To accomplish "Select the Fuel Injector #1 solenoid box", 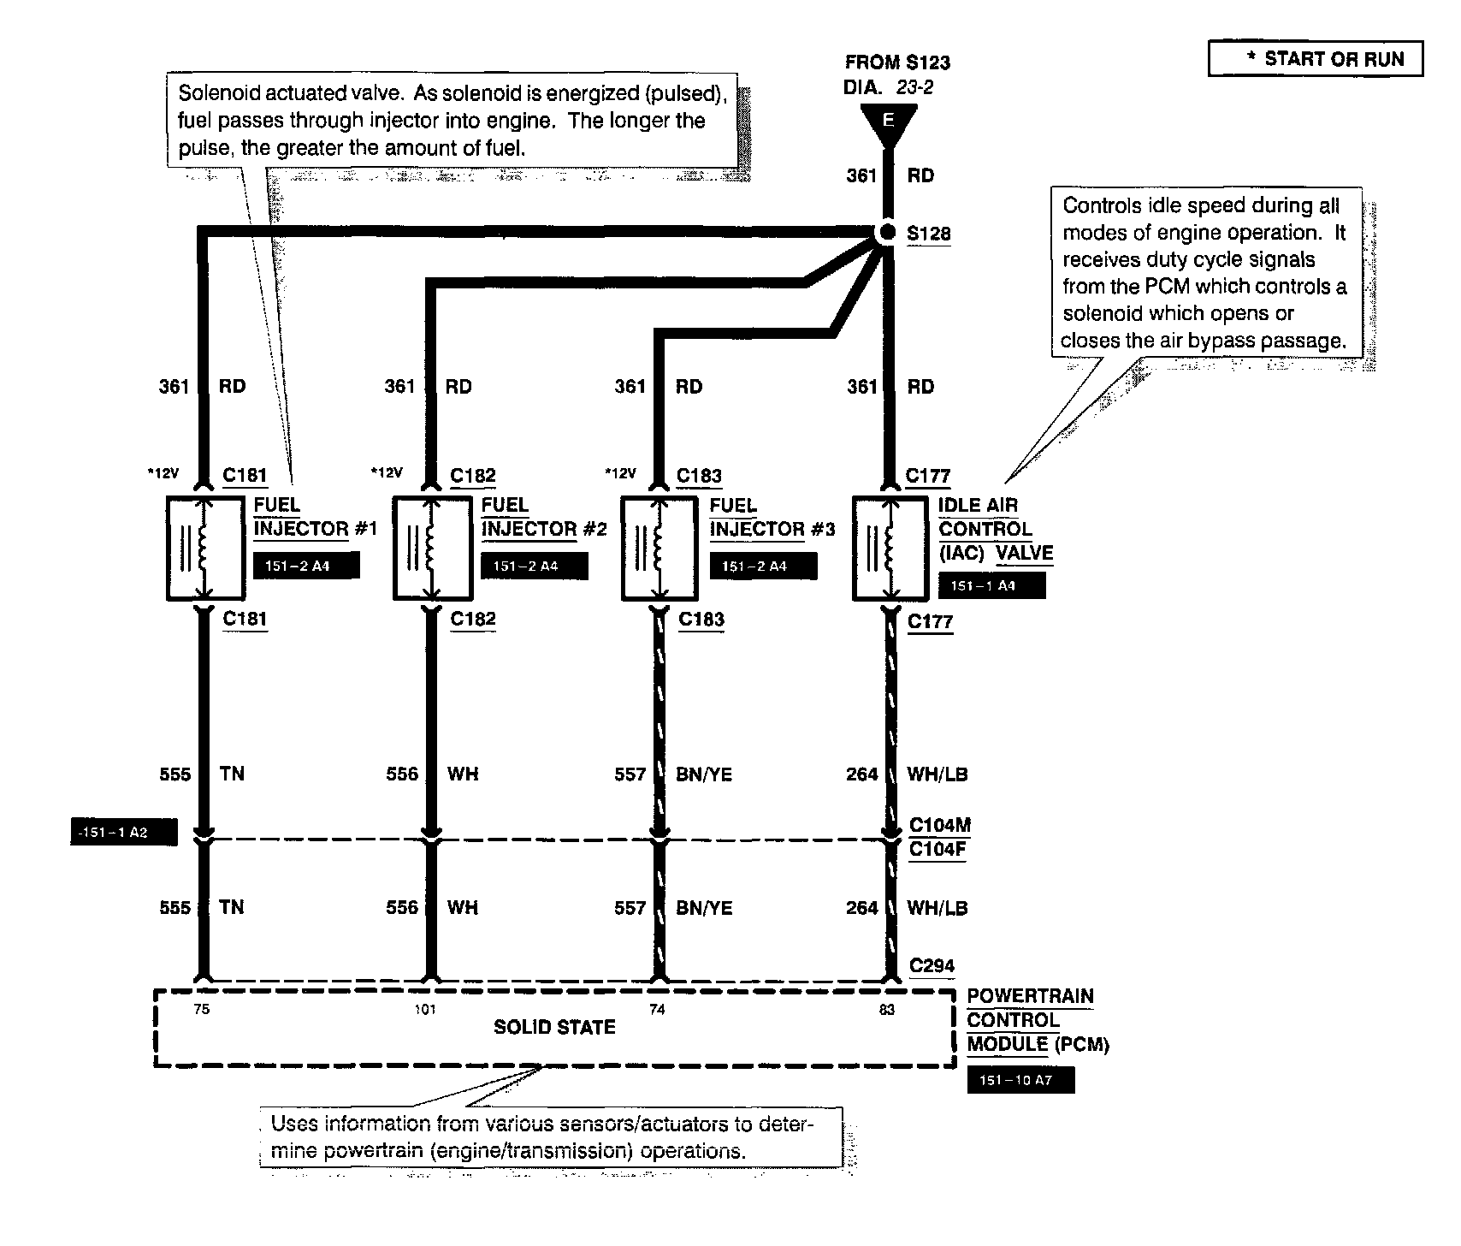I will point(203,548).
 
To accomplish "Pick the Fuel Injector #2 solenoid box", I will point(430,548).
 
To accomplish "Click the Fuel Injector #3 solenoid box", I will point(658,548).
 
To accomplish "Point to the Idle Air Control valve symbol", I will point(890,548).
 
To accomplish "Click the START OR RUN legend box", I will point(1316,59).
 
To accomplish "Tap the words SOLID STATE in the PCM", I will point(554,1027).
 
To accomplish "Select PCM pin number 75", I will point(201,1010).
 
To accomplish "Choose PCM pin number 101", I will point(425,1010).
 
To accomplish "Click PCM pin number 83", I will point(887,1010).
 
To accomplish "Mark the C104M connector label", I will point(939,826).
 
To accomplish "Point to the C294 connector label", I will point(932,966).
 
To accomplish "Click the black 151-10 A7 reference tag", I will point(1020,1080).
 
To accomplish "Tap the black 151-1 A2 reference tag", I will point(123,832).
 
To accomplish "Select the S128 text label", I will point(928,234).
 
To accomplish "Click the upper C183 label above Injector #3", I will point(699,476).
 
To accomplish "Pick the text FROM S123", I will point(897,62).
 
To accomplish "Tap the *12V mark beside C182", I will point(386,472).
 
